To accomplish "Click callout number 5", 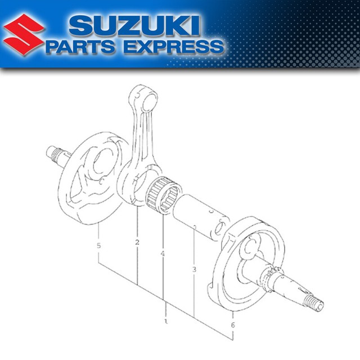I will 99,246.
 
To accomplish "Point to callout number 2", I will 137,242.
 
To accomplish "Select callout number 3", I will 193,270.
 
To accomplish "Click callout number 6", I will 232,325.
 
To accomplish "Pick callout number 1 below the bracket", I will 166,323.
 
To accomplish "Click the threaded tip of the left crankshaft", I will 54,151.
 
